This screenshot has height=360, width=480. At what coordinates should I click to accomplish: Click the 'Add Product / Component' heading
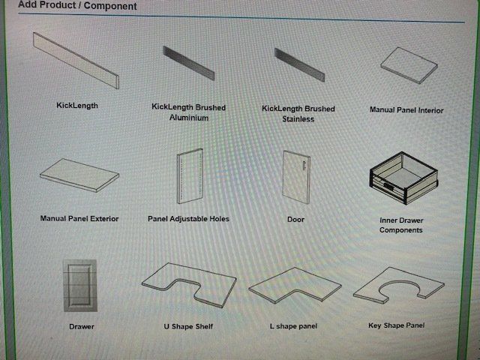(x=77, y=5)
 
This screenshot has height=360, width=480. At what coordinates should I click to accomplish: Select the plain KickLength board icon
(x=76, y=61)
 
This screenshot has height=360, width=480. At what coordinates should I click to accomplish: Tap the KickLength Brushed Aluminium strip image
(x=189, y=63)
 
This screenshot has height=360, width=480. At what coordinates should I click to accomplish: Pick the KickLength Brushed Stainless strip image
(x=299, y=65)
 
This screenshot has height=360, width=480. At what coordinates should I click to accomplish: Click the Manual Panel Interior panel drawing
(x=409, y=65)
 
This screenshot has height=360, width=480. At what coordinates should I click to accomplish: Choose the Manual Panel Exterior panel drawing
(x=79, y=175)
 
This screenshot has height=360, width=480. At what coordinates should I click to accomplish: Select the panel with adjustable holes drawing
(x=190, y=176)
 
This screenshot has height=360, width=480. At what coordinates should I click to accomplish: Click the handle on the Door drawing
(x=304, y=165)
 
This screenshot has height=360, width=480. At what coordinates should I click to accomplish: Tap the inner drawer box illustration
(x=403, y=178)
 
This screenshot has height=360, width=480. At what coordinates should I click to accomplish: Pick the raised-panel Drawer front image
(x=80, y=285)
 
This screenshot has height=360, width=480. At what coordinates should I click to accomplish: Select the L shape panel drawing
(x=295, y=285)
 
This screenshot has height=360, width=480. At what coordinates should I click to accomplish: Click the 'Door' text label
(x=295, y=220)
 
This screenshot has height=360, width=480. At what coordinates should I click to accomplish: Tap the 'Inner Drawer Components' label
(x=401, y=225)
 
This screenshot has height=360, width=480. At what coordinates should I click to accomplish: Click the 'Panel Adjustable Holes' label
(x=188, y=218)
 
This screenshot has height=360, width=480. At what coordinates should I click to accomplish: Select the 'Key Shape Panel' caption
(x=396, y=325)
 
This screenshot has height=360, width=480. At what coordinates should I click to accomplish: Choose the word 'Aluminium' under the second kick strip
(x=189, y=118)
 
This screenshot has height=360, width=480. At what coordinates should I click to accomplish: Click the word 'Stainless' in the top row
(x=298, y=118)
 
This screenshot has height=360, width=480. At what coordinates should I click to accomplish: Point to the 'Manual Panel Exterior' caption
(x=79, y=218)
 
